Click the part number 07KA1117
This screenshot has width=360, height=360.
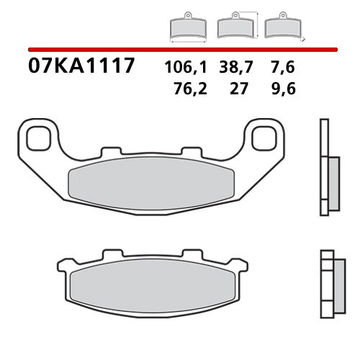pyautogui.click(x=81, y=67)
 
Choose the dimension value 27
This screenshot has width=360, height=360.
pyautogui.click(x=235, y=89)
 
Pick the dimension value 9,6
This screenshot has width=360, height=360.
pyautogui.click(x=282, y=89)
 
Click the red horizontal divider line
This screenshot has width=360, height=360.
pyautogui.click(x=180, y=50)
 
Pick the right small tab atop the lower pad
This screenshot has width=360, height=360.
pyautogui.click(x=192, y=254)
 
